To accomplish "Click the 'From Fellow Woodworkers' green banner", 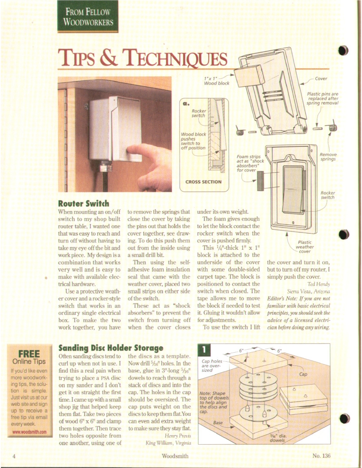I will (x=88, y=16).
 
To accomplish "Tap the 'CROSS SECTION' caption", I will (x=204, y=182).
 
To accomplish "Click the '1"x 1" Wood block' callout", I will (x=217, y=80).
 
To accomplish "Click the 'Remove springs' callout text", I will (x=328, y=157).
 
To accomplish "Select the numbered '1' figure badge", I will (x=204, y=350).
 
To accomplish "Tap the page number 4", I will (x=14, y=456).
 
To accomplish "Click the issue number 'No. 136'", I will (x=321, y=456).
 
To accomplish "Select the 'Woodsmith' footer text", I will (x=175, y=456).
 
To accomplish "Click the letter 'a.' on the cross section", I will (x=185, y=103).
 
